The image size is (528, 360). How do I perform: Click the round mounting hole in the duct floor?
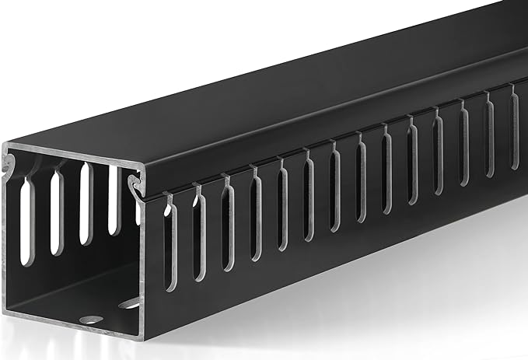tap(93, 318)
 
